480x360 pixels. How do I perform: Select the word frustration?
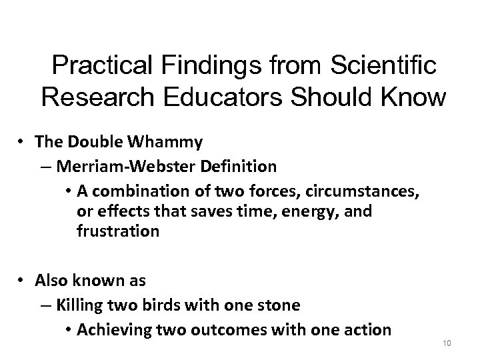point(116,232)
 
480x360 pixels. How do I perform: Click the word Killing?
point(80,305)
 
